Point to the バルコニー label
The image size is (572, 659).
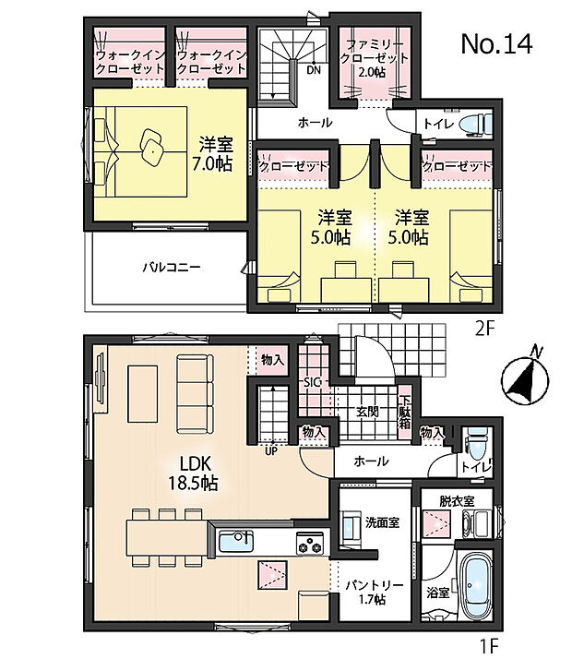[172, 268]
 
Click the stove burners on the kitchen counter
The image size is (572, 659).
[309, 544]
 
